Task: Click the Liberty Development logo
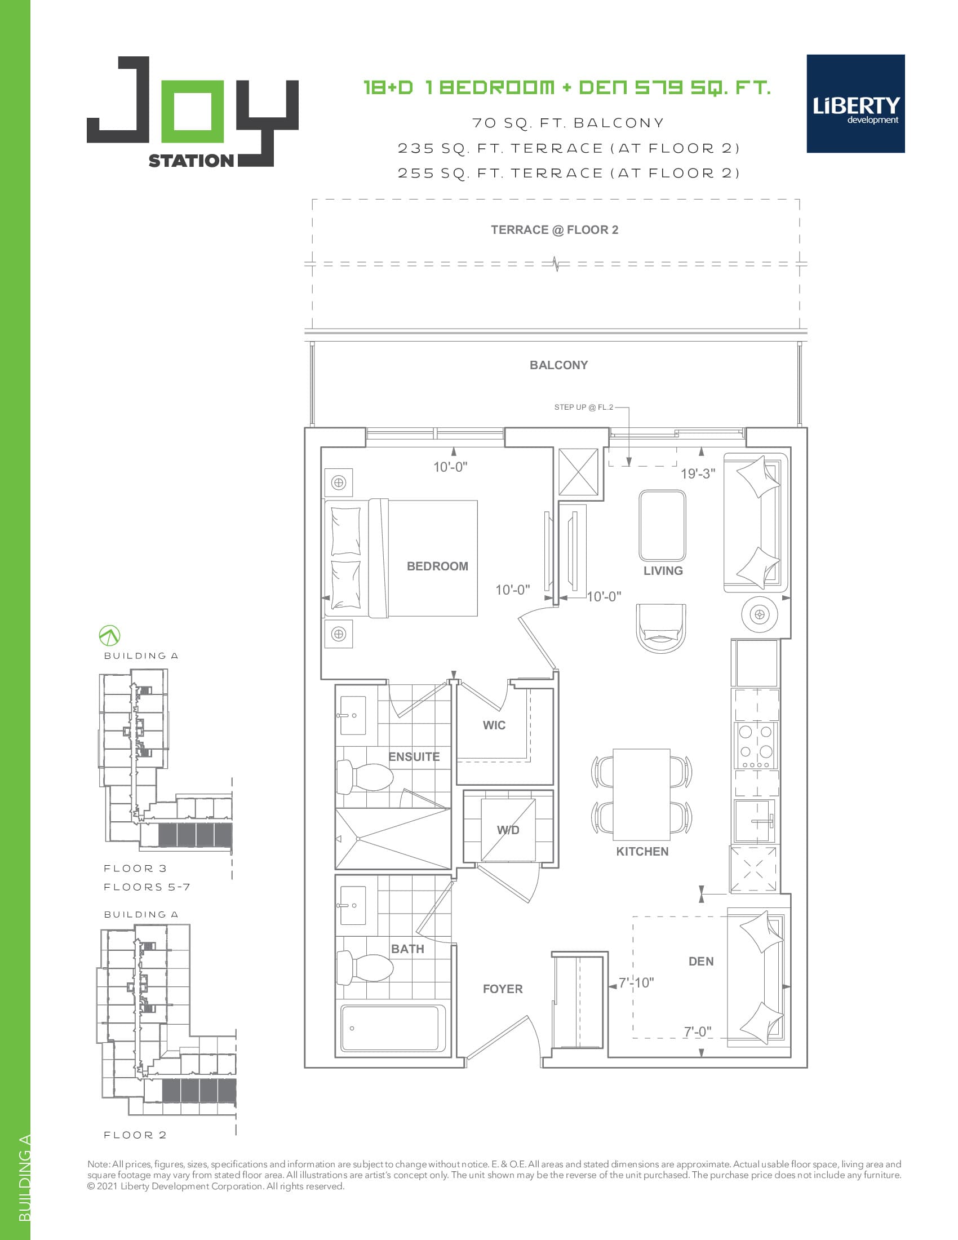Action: pos(855,103)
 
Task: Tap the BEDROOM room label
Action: pos(437,566)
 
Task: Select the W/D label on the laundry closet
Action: pos(508,830)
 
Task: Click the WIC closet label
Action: pos(494,725)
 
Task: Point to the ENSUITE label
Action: pos(414,756)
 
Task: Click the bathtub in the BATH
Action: pos(393,1028)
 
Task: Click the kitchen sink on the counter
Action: pos(753,821)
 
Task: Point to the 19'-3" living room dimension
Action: pos(698,473)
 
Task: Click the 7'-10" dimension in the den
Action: pos(636,983)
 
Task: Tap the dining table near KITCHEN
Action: pos(641,794)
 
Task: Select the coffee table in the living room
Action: pos(662,526)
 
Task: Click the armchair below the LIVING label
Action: pos(660,628)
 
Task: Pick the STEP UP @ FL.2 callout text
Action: pos(583,407)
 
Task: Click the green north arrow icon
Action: pos(109,635)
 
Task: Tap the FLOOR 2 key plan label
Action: pos(135,1135)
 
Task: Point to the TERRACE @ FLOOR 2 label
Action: pos(555,230)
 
